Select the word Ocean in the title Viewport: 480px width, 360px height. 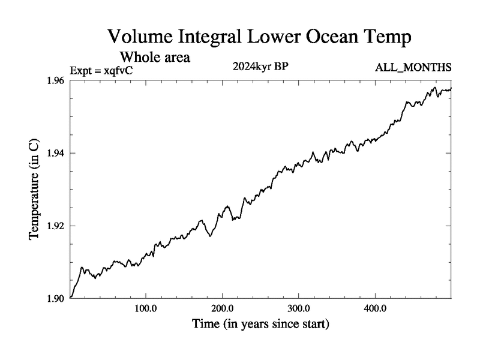point(337,37)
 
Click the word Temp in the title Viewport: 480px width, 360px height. point(390,38)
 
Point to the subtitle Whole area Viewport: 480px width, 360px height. point(155,58)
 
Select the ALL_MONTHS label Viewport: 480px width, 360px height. point(413,67)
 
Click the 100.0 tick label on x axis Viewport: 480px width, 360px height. point(146,310)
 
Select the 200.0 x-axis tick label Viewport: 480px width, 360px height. point(223,310)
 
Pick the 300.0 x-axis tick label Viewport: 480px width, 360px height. point(299,310)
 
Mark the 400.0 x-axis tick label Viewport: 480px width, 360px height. point(375,310)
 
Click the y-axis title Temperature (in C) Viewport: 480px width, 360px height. point(35,189)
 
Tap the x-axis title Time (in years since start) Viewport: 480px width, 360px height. point(260,325)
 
